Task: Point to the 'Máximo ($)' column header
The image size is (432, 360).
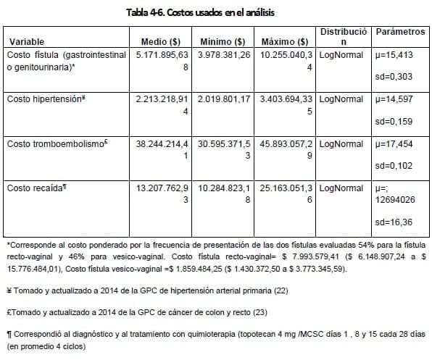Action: coord(286,41)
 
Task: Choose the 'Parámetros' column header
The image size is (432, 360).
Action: coord(400,33)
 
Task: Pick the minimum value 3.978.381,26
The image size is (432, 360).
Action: coord(224,55)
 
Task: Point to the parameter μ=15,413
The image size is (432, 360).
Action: coord(396,55)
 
